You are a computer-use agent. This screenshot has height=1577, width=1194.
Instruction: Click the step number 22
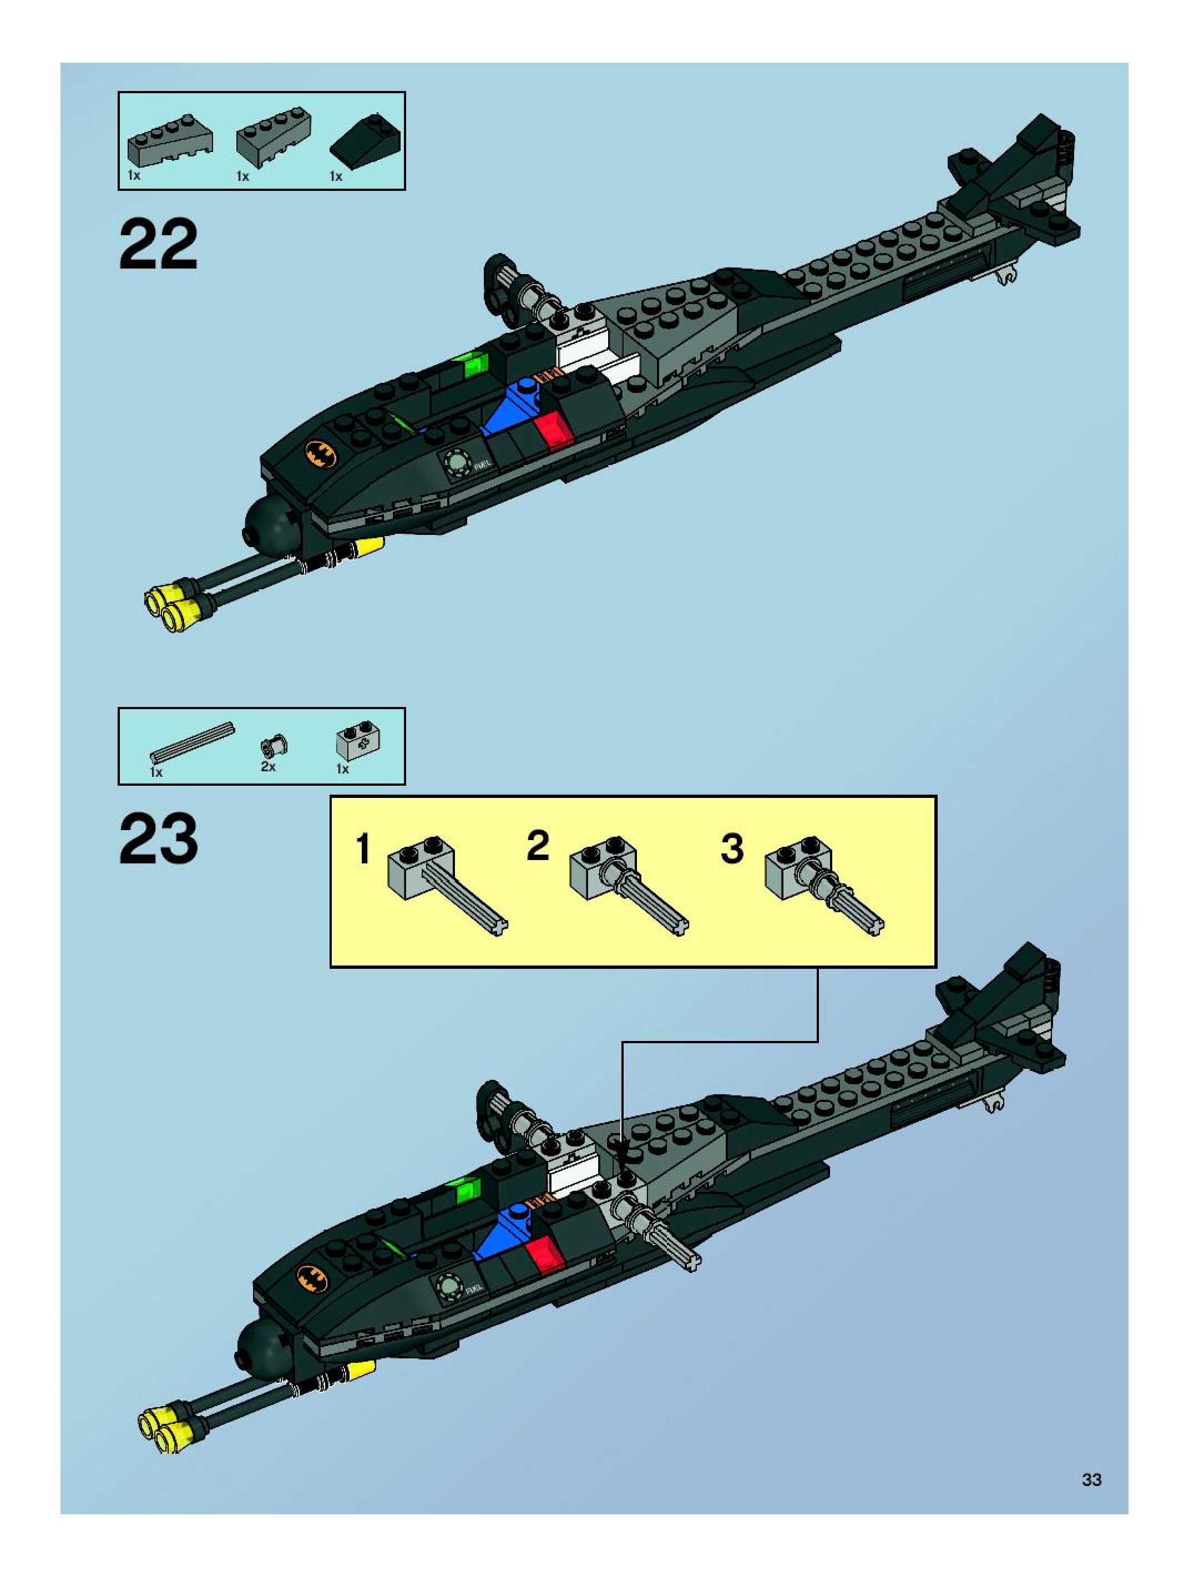tap(158, 245)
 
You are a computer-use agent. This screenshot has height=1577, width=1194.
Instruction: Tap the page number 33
tap(1091, 1479)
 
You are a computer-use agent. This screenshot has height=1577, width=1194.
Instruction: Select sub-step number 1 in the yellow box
tap(363, 849)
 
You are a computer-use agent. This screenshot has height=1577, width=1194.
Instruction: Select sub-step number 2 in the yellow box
tap(538, 846)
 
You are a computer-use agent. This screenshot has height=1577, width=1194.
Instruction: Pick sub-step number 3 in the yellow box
tap(732, 848)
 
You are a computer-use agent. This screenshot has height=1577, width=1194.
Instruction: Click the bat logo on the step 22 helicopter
tap(320, 453)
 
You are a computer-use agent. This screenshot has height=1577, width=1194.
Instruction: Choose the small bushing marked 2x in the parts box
tap(273, 746)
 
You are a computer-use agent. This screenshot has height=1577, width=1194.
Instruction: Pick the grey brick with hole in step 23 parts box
tap(357, 744)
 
